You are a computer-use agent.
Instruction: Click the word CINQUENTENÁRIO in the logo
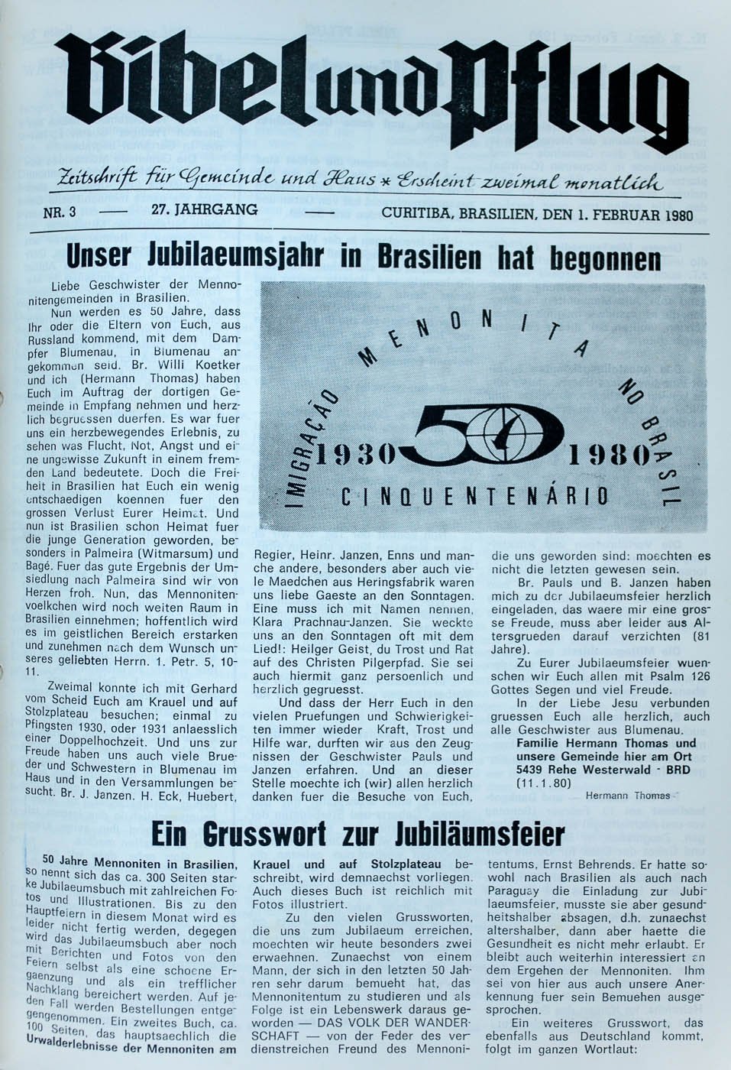tap(474, 498)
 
